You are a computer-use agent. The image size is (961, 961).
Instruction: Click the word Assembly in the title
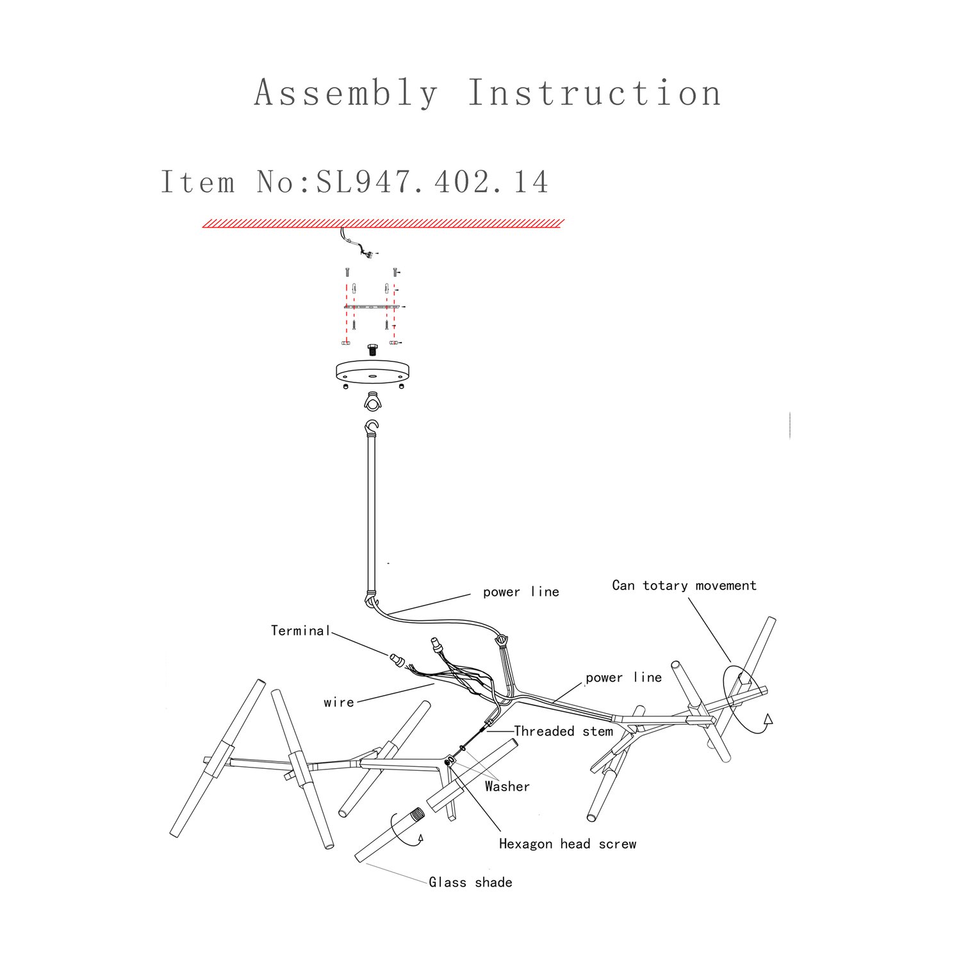(346, 93)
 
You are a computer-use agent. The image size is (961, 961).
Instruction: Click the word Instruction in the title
(595, 93)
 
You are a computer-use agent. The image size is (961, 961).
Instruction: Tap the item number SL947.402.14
(432, 181)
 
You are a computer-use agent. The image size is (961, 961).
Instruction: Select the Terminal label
(300, 631)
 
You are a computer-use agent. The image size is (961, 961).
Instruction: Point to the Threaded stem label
(563, 731)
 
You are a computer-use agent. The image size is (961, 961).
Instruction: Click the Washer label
(507, 786)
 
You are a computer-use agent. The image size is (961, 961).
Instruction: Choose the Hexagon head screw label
(568, 844)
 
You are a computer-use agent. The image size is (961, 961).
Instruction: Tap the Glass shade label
(470, 882)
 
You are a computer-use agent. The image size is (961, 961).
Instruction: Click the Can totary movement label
(684, 585)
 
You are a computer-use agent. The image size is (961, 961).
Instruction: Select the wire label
(339, 702)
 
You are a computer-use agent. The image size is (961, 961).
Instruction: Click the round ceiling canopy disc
(370, 372)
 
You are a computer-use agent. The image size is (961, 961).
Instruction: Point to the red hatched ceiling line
(383, 223)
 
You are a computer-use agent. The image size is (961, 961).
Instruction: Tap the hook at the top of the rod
(371, 425)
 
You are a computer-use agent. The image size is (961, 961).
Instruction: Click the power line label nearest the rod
(521, 592)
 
